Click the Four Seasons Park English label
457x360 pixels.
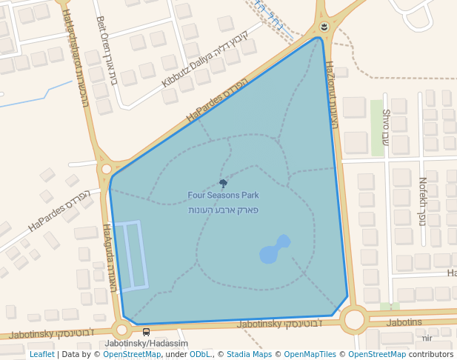[223, 196]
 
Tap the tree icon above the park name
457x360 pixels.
[223, 183]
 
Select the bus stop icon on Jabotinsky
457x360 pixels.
[146, 332]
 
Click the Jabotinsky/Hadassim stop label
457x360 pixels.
[147, 344]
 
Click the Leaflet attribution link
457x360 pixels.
[41, 354]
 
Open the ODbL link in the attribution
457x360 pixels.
[200, 354]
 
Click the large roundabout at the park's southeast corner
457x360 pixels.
[355, 320]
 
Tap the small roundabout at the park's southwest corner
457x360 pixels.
[121, 330]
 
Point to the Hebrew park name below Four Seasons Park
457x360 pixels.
[223, 210]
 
